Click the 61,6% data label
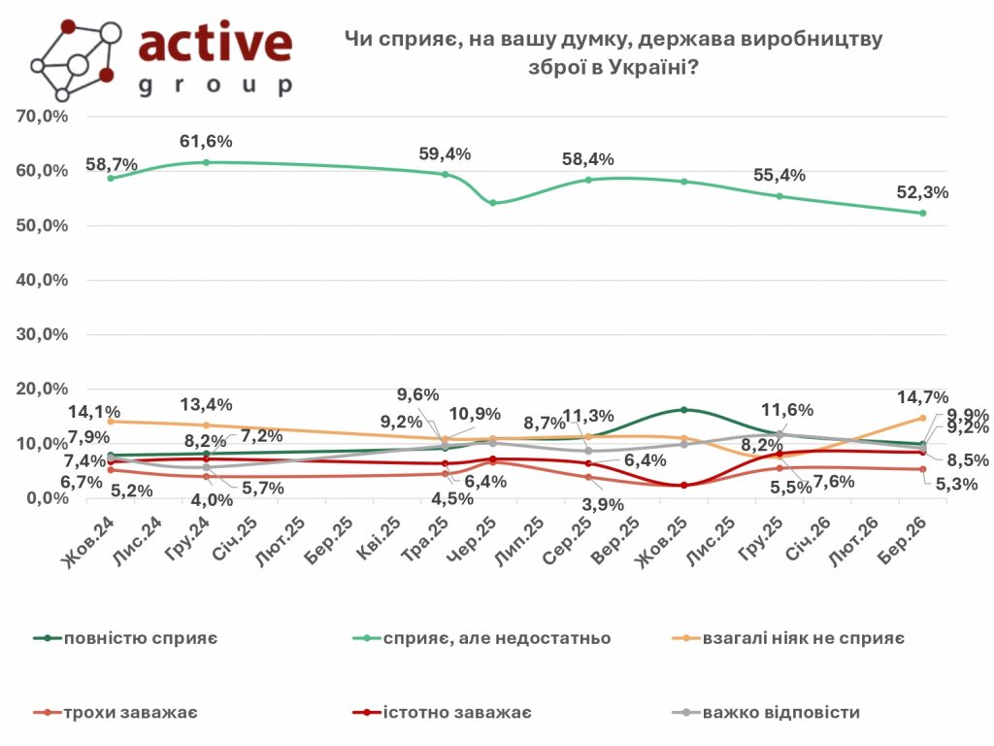(x=206, y=142)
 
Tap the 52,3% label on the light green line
(x=922, y=192)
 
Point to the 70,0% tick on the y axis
(x=41, y=117)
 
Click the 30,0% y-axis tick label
(x=41, y=334)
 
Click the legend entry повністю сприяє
(x=139, y=638)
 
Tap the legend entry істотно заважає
(x=458, y=714)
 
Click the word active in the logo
(x=215, y=43)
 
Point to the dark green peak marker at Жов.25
(x=683, y=410)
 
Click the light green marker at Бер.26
(x=922, y=213)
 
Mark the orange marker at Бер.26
(x=922, y=418)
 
